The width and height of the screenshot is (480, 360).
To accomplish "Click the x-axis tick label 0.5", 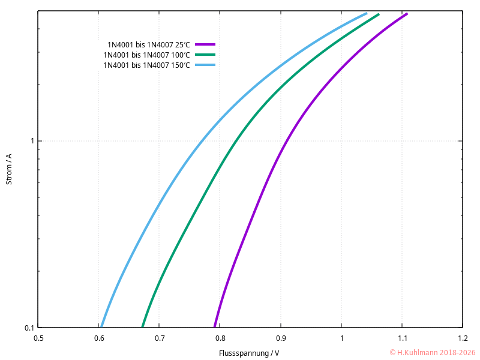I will [x=38, y=338].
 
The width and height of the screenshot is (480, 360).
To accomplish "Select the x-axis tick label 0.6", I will [x=99, y=338].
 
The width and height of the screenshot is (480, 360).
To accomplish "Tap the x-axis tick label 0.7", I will [x=160, y=338].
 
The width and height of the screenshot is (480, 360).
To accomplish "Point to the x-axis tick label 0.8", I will [x=220, y=338].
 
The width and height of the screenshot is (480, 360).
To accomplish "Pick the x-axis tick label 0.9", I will [x=281, y=338].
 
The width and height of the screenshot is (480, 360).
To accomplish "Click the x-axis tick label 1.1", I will [x=402, y=338].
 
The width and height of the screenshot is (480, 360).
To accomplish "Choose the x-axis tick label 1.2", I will [x=462, y=338].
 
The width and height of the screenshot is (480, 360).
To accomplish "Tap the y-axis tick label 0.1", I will [x=28, y=328].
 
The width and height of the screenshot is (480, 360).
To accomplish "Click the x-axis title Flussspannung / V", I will [x=249, y=353].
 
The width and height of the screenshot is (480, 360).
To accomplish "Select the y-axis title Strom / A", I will [x=9, y=169].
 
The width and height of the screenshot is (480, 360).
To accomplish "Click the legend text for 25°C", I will [x=148, y=45].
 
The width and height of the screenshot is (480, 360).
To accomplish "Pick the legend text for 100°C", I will [x=146, y=55].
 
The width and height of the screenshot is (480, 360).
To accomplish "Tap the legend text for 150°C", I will [x=146, y=65].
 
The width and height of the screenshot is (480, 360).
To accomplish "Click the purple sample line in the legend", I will [x=205, y=44].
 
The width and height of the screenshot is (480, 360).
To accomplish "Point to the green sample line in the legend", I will [x=205, y=55].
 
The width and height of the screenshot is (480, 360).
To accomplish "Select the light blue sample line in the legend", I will [x=205, y=65].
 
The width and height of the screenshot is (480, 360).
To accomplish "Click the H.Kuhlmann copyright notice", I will [x=432, y=353].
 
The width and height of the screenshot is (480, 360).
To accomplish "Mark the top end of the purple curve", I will [x=407, y=14].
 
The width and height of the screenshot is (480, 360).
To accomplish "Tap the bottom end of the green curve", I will [x=143, y=326].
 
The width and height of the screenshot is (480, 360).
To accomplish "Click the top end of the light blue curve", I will [x=366, y=14].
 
